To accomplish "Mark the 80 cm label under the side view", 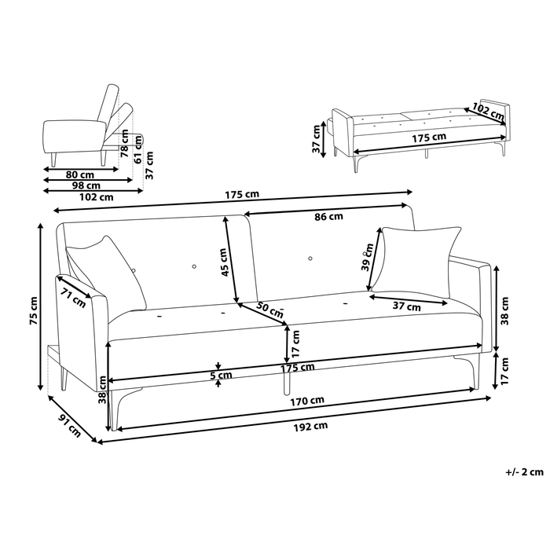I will pyautogui.click(x=80, y=174).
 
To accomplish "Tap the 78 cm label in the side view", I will pyautogui.click(x=124, y=145).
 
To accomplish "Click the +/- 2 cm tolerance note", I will pyautogui.click(x=524, y=471).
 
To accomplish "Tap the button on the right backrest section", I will pyautogui.click(x=310, y=258).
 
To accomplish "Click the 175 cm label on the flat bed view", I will pyautogui.click(x=429, y=137).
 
